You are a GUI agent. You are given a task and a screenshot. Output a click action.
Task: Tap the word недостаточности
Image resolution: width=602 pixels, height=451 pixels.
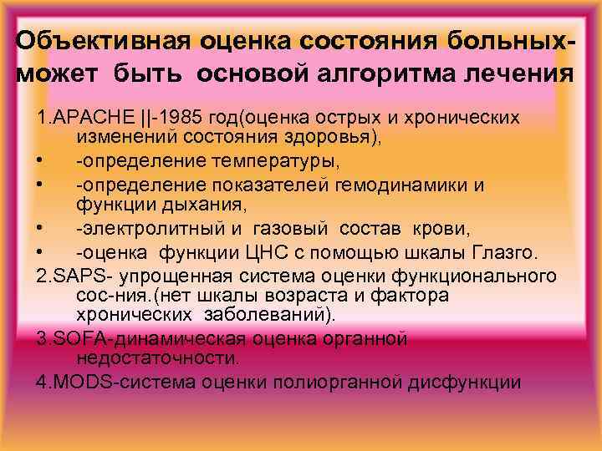(x=156, y=358)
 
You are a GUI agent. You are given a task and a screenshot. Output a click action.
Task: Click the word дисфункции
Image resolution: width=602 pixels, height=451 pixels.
(x=471, y=383)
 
